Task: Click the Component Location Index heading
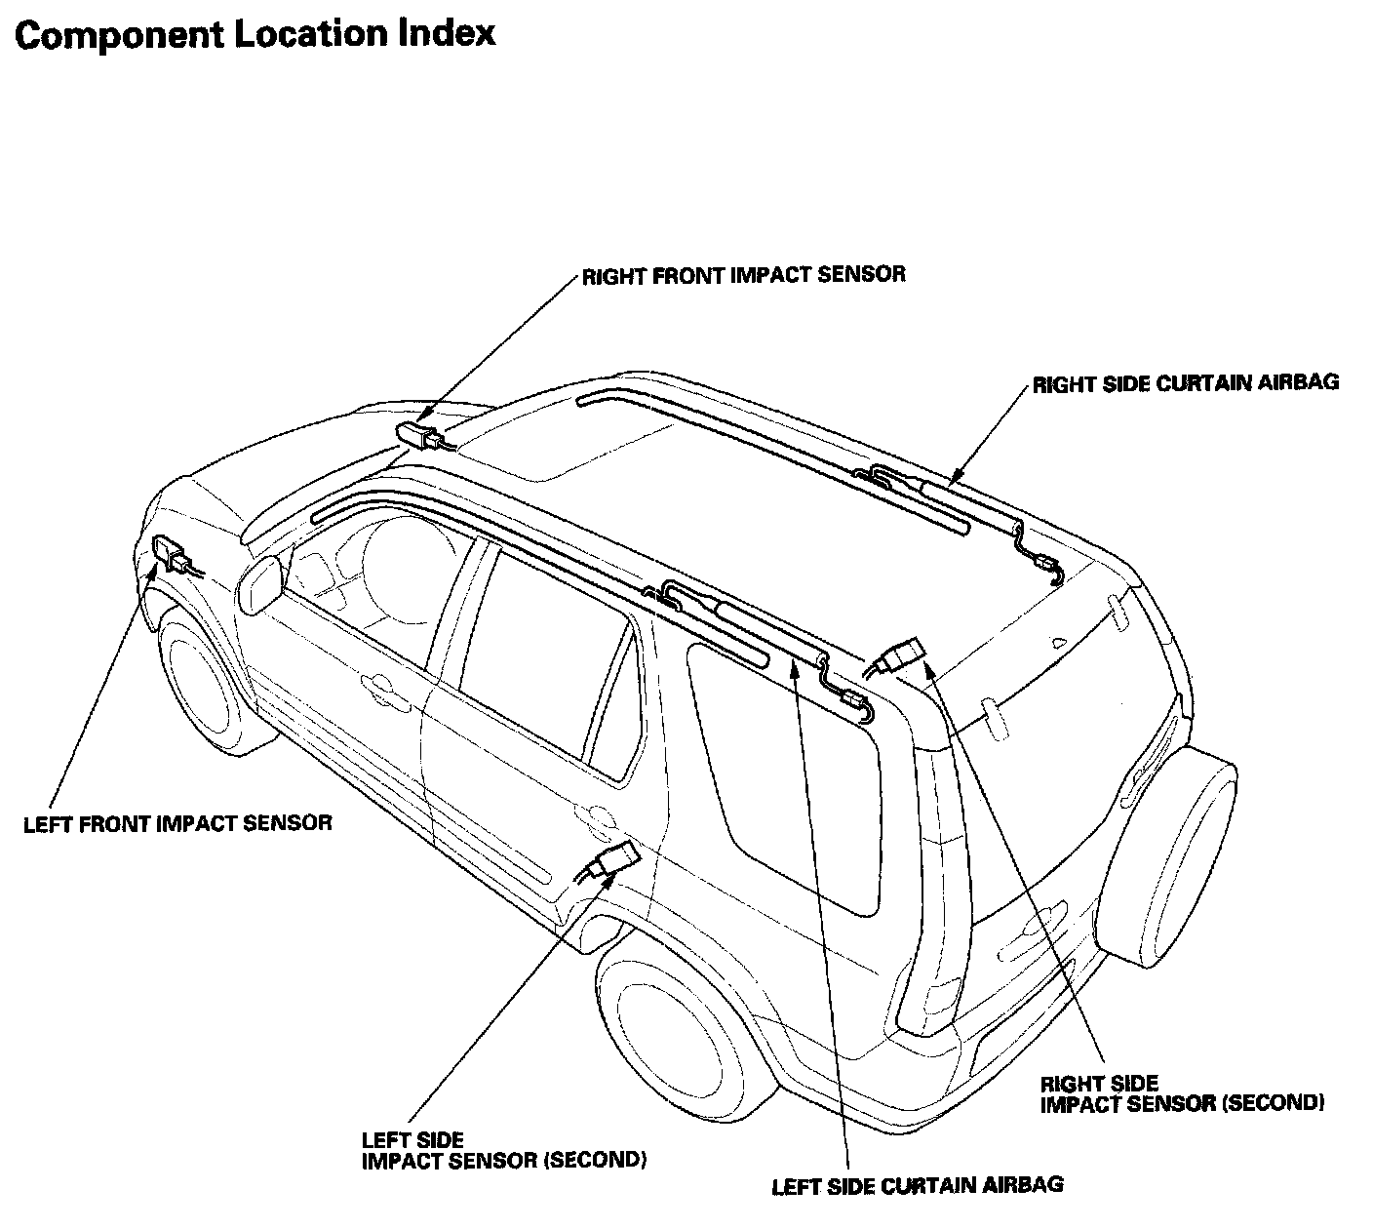(255, 35)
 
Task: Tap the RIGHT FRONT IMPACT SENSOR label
(743, 275)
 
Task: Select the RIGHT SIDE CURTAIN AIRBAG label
(1185, 383)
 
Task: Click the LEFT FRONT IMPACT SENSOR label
(177, 823)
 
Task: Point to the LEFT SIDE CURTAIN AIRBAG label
(917, 1186)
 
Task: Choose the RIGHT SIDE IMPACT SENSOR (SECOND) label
(1182, 1093)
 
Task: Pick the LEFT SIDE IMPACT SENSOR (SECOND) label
(503, 1150)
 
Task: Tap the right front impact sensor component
(421, 435)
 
